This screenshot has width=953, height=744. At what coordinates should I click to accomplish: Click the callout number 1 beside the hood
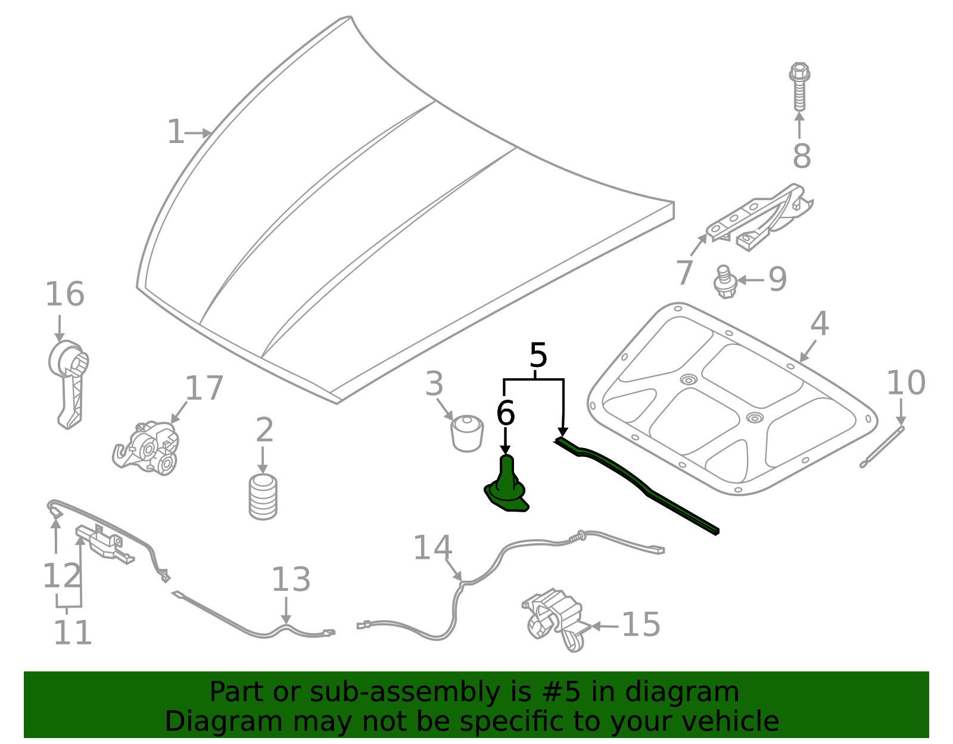[x=175, y=132]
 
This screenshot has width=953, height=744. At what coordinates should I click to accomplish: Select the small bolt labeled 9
[x=725, y=282]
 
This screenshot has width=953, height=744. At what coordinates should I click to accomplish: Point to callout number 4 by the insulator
[x=820, y=323]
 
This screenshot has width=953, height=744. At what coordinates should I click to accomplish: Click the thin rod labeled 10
[x=882, y=447]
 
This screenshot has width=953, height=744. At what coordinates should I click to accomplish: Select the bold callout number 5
[x=538, y=356]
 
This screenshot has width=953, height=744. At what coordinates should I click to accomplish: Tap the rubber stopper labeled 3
[x=466, y=433]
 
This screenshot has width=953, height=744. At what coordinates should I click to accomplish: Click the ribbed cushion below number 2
[x=263, y=497]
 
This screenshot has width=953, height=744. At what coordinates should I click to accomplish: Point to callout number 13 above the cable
[x=291, y=580]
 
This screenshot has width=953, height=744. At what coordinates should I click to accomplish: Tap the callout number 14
[x=432, y=548]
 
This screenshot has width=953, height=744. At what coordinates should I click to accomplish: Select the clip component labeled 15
[x=554, y=620]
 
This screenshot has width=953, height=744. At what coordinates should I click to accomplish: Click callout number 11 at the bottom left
[x=73, y=633]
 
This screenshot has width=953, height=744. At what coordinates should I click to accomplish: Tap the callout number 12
[x=62, y=576]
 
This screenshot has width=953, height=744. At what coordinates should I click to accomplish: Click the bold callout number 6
[x=505, y=413]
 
